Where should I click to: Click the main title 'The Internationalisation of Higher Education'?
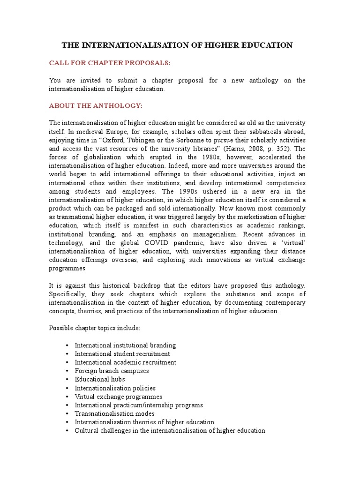pos(178,45)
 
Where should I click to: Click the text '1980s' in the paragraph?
pos(189,157)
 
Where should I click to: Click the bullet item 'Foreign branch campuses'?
pos(112,371)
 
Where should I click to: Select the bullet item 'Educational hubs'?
pos(99,379)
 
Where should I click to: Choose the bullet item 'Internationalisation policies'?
pos(115,388)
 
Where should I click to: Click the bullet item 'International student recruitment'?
pos(122,354)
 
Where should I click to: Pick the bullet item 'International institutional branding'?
pos(125,345)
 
